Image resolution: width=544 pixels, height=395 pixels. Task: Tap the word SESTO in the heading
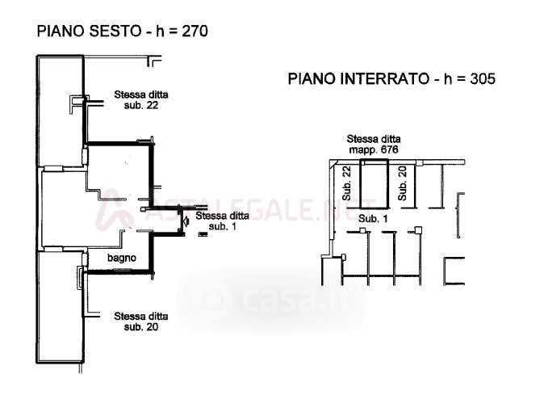click(115, 31)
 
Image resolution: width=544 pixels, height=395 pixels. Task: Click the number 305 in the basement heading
click(483, 79)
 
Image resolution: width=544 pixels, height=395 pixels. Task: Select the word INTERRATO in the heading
click(384, 79)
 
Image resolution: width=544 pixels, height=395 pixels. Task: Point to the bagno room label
click(122, 258)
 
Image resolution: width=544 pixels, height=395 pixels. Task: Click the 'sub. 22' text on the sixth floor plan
click(141, 105)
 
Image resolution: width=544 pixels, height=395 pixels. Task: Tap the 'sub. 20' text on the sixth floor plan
click(141, 327)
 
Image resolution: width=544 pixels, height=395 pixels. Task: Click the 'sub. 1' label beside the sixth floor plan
click(223, 226)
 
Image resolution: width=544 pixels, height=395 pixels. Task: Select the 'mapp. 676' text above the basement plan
click(374, 150)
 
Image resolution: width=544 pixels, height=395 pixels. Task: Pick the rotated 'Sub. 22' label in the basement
click(347, 183)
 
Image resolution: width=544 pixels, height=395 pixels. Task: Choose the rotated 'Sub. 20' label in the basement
click(403, 183)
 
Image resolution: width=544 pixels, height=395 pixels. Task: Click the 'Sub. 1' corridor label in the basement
click(373, 219)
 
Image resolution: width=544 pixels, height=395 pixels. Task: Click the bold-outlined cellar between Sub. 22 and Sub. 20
click(374, 184)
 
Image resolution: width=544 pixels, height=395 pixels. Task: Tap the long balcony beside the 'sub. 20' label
click(61, 307)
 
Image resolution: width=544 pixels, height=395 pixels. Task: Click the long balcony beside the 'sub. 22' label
click(61, 111)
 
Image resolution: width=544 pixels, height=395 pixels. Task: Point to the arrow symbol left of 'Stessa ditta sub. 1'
click(186, 221)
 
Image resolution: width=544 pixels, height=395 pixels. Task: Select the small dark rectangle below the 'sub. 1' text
click(203, 234)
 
